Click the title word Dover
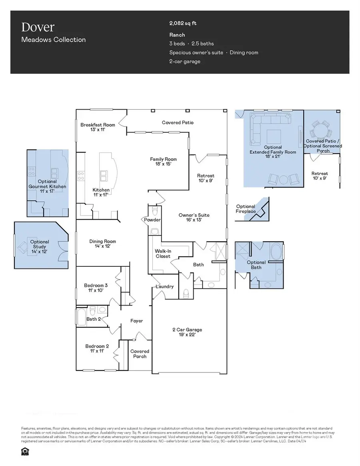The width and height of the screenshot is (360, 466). pyautogui.click(x=38, y=27)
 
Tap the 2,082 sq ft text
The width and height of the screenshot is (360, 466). pyautogui.click(x=183, y=23)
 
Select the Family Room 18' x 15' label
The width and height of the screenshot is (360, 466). pyautogui.click(x=163, y=162)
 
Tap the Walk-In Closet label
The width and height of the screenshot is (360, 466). pyautogui.click(x=163, y=254)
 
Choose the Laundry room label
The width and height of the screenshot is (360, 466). pyautogui.click(x=165, y=286)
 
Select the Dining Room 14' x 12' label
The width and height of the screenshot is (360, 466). pyautogui.click(x=102, y=244)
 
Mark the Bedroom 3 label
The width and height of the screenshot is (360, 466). pyautogui.click(x=96, y=288)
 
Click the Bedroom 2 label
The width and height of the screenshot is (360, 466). pyautogui.click(x=97, y=348)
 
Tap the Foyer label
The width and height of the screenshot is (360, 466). pyautogui.click(x=137, y=321)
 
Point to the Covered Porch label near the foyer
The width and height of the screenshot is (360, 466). pyautogui.click(x=140, y=354)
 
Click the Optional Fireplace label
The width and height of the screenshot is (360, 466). pyautogui.click(x=246, y=209)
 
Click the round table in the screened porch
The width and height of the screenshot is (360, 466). pyautogui.click(x=321, y=130)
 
